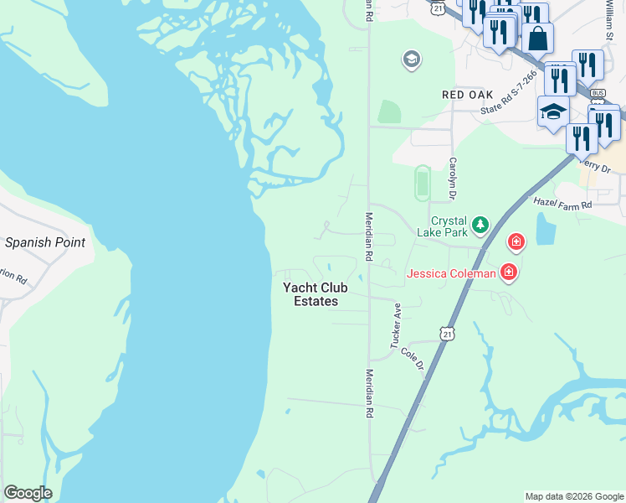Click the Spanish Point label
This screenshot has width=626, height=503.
pos(44,243)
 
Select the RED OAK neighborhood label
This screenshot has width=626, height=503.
pos(468,96)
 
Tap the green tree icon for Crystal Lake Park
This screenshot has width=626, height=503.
pos(480,224)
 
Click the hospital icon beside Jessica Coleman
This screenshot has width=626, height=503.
pos(508,272)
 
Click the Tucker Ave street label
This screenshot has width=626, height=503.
pos(396,326)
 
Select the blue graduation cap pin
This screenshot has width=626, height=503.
pos(553,111)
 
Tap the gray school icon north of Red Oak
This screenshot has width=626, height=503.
pos(411,59)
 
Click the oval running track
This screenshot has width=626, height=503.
pos(422,184)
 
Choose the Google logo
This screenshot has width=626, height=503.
pos(28,493)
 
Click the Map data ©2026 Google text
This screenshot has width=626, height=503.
pos(573,496)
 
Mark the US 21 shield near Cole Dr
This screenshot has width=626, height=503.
pos(449,333)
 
